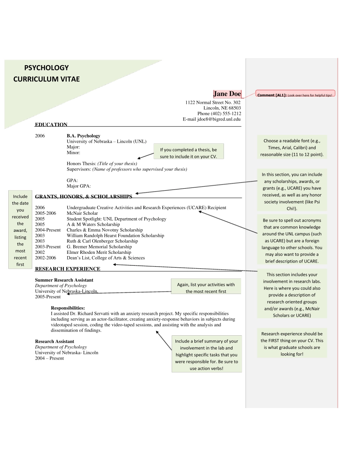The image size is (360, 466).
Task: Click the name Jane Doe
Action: pos(227,94)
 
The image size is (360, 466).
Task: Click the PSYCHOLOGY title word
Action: pos(47,68)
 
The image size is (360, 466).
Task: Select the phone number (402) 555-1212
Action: pos(226,114)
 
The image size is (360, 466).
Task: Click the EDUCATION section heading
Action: pos(51,125)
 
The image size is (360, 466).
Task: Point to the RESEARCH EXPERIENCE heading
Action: pos(67,269)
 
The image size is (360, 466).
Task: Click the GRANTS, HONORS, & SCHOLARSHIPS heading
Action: pos(83,197)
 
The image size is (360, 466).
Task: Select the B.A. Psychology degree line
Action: pos(83,136)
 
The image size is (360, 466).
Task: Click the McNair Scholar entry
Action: pos(82,213)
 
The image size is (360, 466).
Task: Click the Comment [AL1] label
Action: pos(272,95)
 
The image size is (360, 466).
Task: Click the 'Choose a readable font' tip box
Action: pos(292,148)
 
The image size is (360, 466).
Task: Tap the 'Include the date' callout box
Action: pos(20,230)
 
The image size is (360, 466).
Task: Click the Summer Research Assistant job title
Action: pos(64,280)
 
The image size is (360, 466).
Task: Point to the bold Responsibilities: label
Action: pos(68,308)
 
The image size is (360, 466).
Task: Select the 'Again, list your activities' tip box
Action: pos(206,288)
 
